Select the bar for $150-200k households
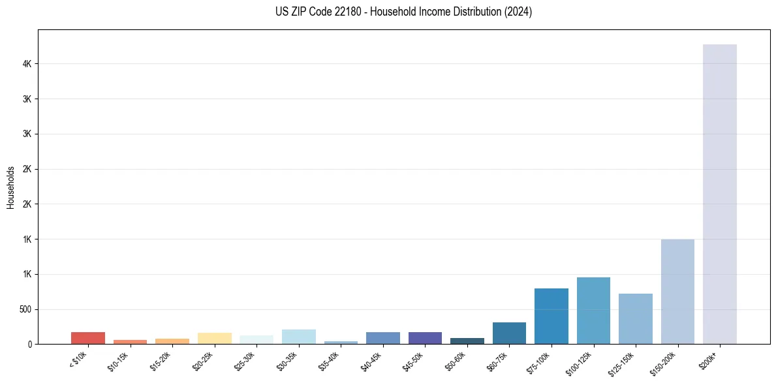677,291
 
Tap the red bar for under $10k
87,338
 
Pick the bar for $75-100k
551,316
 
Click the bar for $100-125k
593,311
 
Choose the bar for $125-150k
635,318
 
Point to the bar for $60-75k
509,333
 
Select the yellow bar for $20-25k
214,338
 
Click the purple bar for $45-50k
425,338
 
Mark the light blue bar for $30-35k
298,337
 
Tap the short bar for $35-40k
341,342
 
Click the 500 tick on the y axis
26,309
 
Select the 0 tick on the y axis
30,344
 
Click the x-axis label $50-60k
456,360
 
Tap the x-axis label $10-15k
119,360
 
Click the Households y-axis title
11,187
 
